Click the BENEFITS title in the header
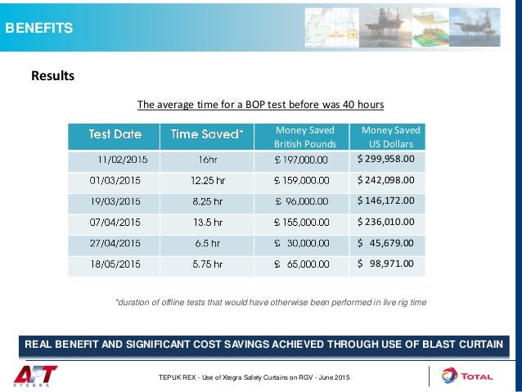point(39,29)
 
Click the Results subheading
point(52,76)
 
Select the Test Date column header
point(115,133)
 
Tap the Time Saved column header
point(206,133)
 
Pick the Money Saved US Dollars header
point(390,137)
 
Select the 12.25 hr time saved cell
point(206,180)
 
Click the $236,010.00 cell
point(386,221)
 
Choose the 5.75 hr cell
point(206,264)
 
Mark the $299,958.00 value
point(386,159)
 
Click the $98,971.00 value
point(386,264)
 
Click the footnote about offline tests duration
point(271,302)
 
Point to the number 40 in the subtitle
point(349,105)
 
